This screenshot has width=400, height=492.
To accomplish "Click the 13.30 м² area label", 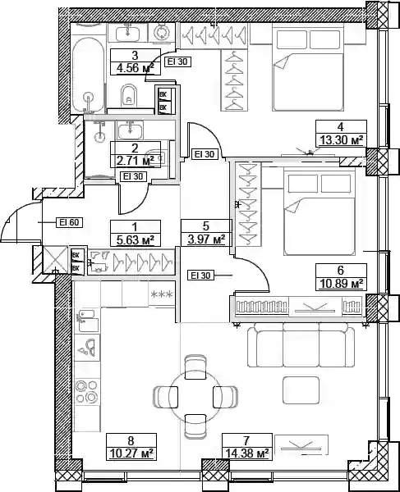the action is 341,140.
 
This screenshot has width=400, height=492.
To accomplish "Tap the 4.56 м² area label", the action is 136,68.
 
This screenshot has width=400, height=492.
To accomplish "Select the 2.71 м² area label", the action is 136,161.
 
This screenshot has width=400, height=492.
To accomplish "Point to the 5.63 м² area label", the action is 136,240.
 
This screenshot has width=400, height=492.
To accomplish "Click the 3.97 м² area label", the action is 206,239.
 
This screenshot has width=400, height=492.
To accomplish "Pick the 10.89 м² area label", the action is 341,284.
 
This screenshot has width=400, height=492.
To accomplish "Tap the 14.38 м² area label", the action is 247,453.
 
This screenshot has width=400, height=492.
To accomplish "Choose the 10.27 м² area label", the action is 131,453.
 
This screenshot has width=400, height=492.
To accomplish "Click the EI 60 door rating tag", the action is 69,222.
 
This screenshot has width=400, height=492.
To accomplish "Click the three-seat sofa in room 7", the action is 301,345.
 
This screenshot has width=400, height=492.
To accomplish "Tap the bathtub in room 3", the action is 88,75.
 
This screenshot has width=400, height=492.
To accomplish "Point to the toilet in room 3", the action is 128,95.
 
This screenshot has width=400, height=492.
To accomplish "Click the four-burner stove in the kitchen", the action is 87,391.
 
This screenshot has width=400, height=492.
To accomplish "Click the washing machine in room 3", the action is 162,32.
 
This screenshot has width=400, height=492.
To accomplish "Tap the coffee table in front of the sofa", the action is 301,390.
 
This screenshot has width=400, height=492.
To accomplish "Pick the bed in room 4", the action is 308,70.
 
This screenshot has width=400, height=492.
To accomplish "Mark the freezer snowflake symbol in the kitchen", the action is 162,294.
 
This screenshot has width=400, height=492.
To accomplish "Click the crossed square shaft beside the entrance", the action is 55,259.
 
